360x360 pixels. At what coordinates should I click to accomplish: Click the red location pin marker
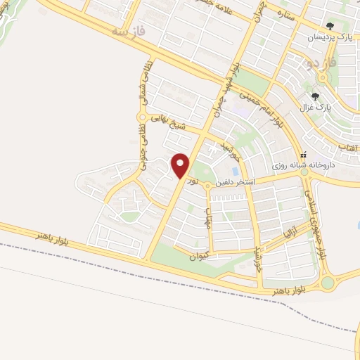(181, 165)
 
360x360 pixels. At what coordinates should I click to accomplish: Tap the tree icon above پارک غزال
(316, 96)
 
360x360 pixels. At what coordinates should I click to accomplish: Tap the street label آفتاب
(348, 147)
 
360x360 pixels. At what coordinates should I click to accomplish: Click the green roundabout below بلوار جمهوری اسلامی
(328, 283)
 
